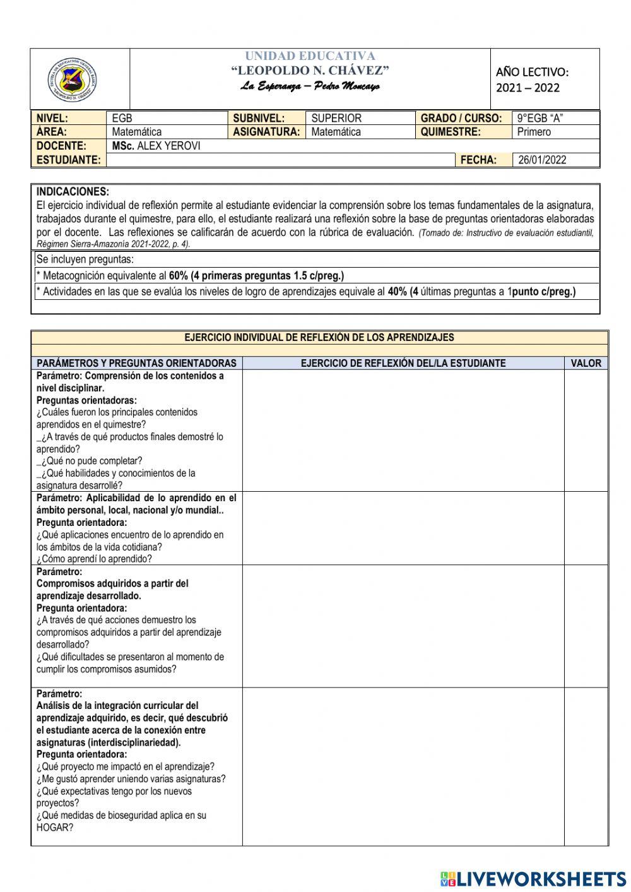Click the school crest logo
point(72,80)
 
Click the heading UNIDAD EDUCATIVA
point(310,56)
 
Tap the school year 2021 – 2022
point(528,88)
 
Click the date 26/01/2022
point(542,160)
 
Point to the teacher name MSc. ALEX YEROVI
point(156,146)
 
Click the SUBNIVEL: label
point(259,118)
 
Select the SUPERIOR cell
point(336,118)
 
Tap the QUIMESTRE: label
point(451,132)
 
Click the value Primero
point(534,132)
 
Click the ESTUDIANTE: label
point(68,160)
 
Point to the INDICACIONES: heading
point(73,192)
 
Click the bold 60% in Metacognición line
point(179,276)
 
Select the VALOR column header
point(586,363)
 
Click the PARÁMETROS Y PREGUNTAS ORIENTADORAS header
point(136,363)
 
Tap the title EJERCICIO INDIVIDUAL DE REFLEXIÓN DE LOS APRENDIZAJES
point(319,338)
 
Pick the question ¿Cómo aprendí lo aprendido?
point(94,559)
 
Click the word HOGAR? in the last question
point(55,827)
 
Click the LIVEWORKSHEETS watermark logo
point(533,879)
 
